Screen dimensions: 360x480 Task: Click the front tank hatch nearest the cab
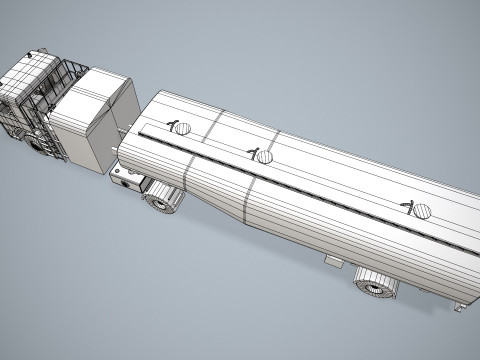(x=183, y=128)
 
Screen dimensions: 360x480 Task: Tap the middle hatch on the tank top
(x=264, y=157)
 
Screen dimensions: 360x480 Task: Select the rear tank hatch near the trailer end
(x=422, y=211)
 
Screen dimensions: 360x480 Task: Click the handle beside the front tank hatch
(x=172, y=126)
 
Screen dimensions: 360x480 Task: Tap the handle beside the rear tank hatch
(x=407, y=206)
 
